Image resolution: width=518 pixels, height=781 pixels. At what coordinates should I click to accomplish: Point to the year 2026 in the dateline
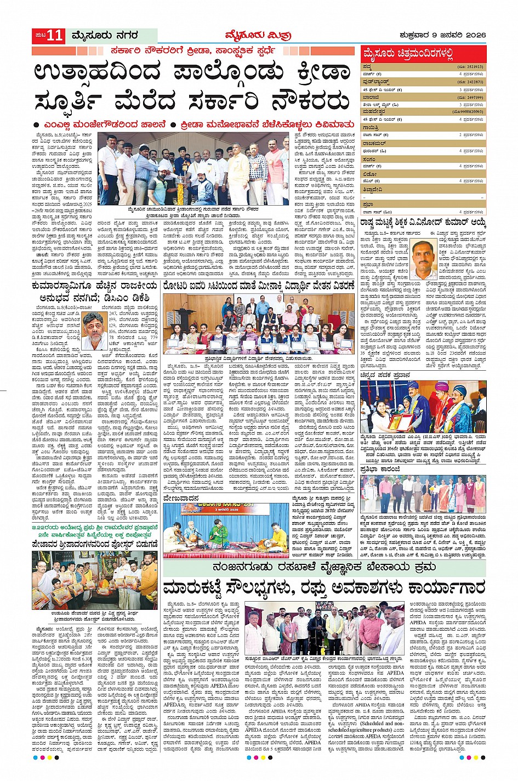click(x=474, y=36)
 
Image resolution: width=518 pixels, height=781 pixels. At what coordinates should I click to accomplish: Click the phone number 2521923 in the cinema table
click(x=471, y=66)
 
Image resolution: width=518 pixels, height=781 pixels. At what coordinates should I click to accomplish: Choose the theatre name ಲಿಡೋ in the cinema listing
click(x=369, y=173)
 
